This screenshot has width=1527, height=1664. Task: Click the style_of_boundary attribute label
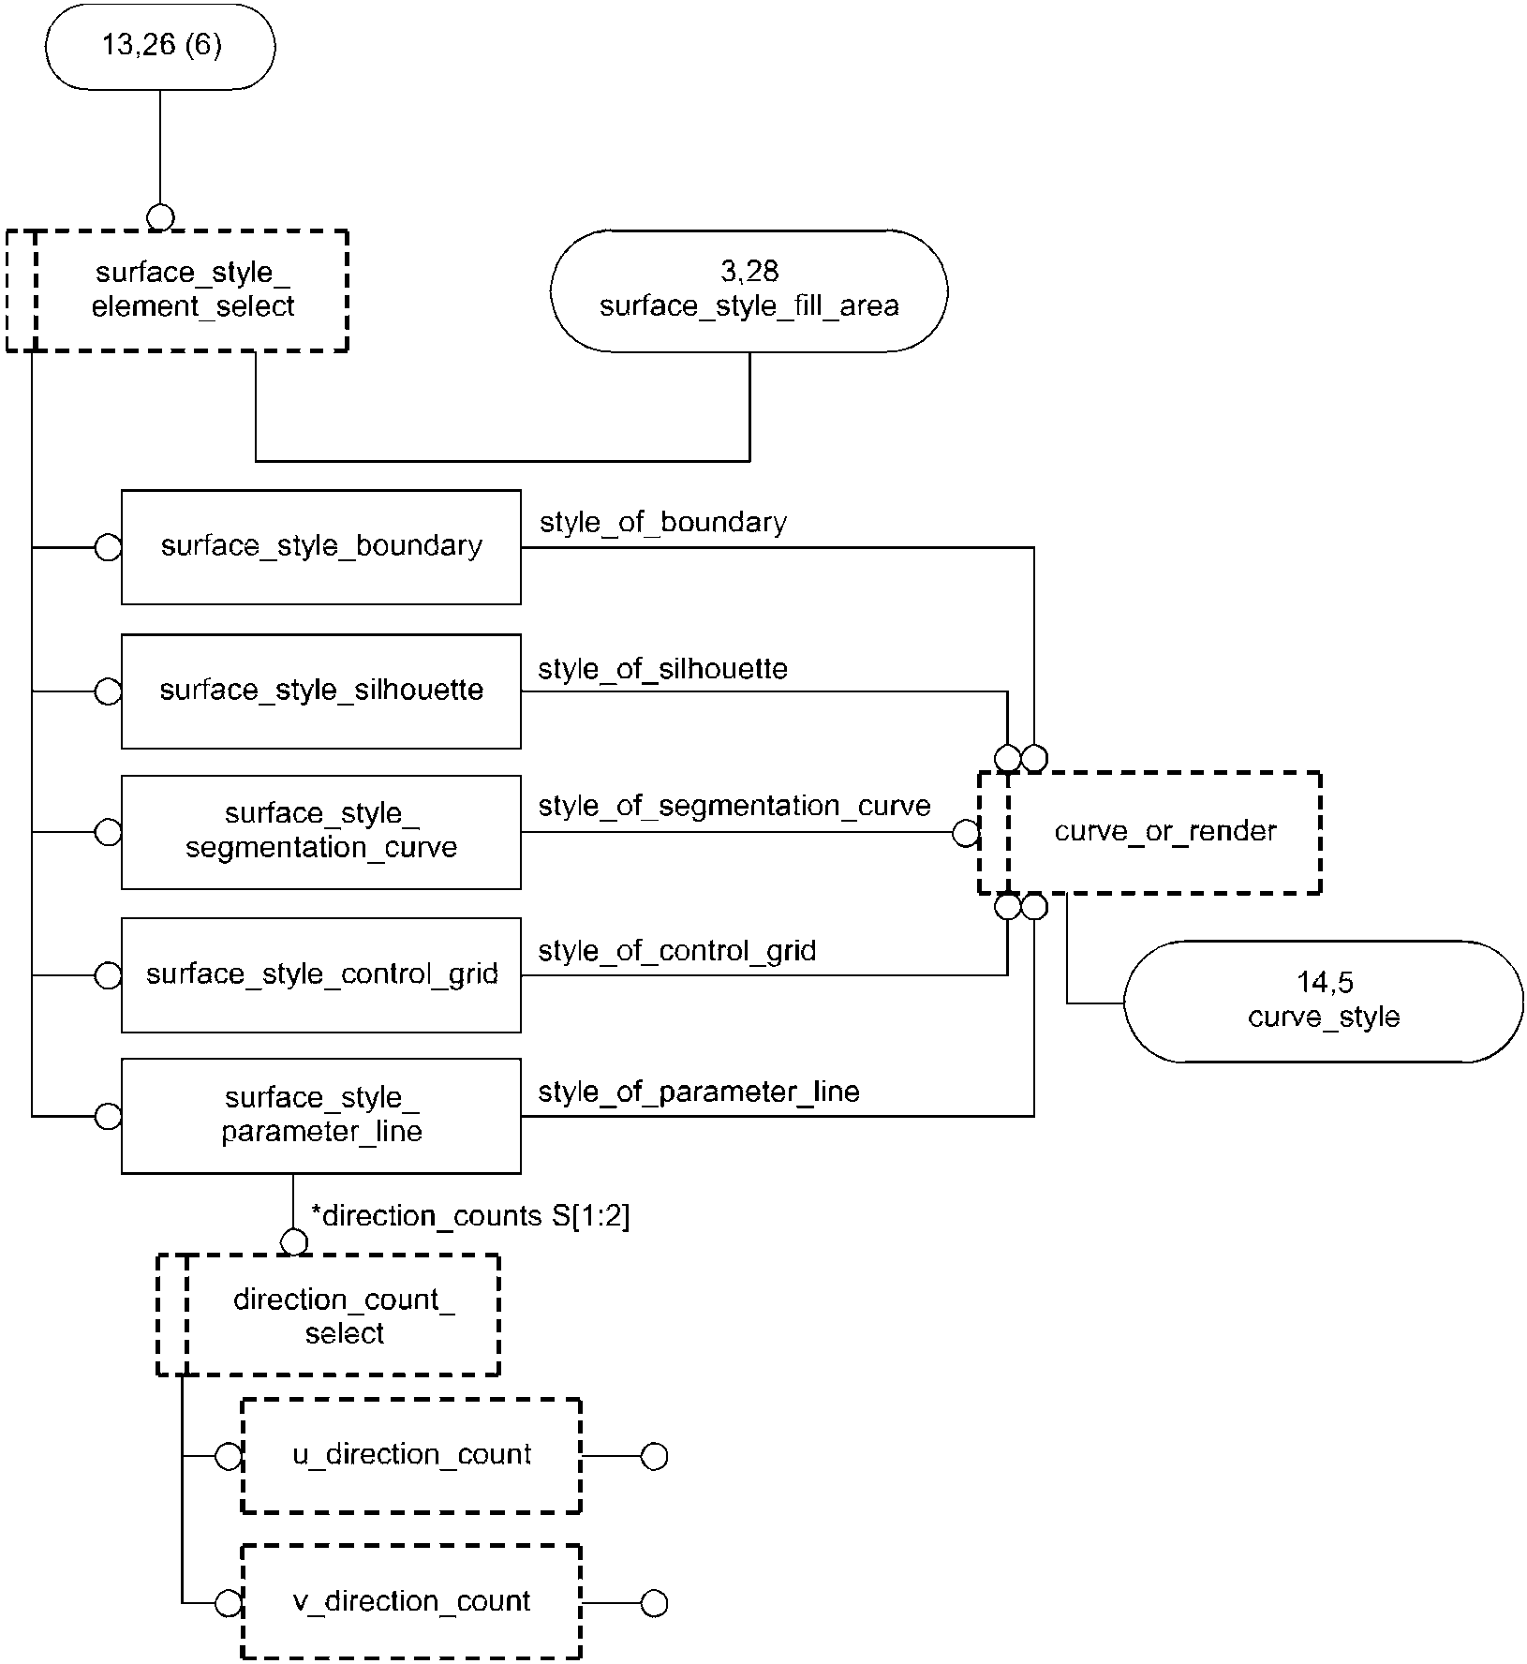(x=663, y=523)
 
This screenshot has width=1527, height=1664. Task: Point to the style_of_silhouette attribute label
(x=663, y=669)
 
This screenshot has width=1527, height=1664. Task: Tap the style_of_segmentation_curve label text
(x=734, y=807)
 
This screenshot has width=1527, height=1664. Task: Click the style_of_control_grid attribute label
(x=677, y=951)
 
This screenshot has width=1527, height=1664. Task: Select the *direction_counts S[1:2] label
(x=470, y=1216)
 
